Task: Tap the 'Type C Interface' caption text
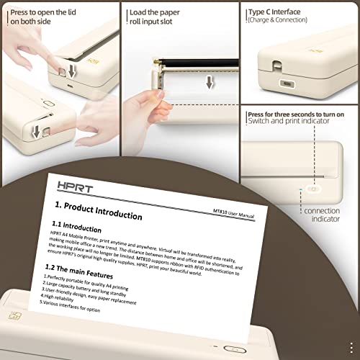[x=274, y=12]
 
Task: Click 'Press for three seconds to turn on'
[x=295, y=114]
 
